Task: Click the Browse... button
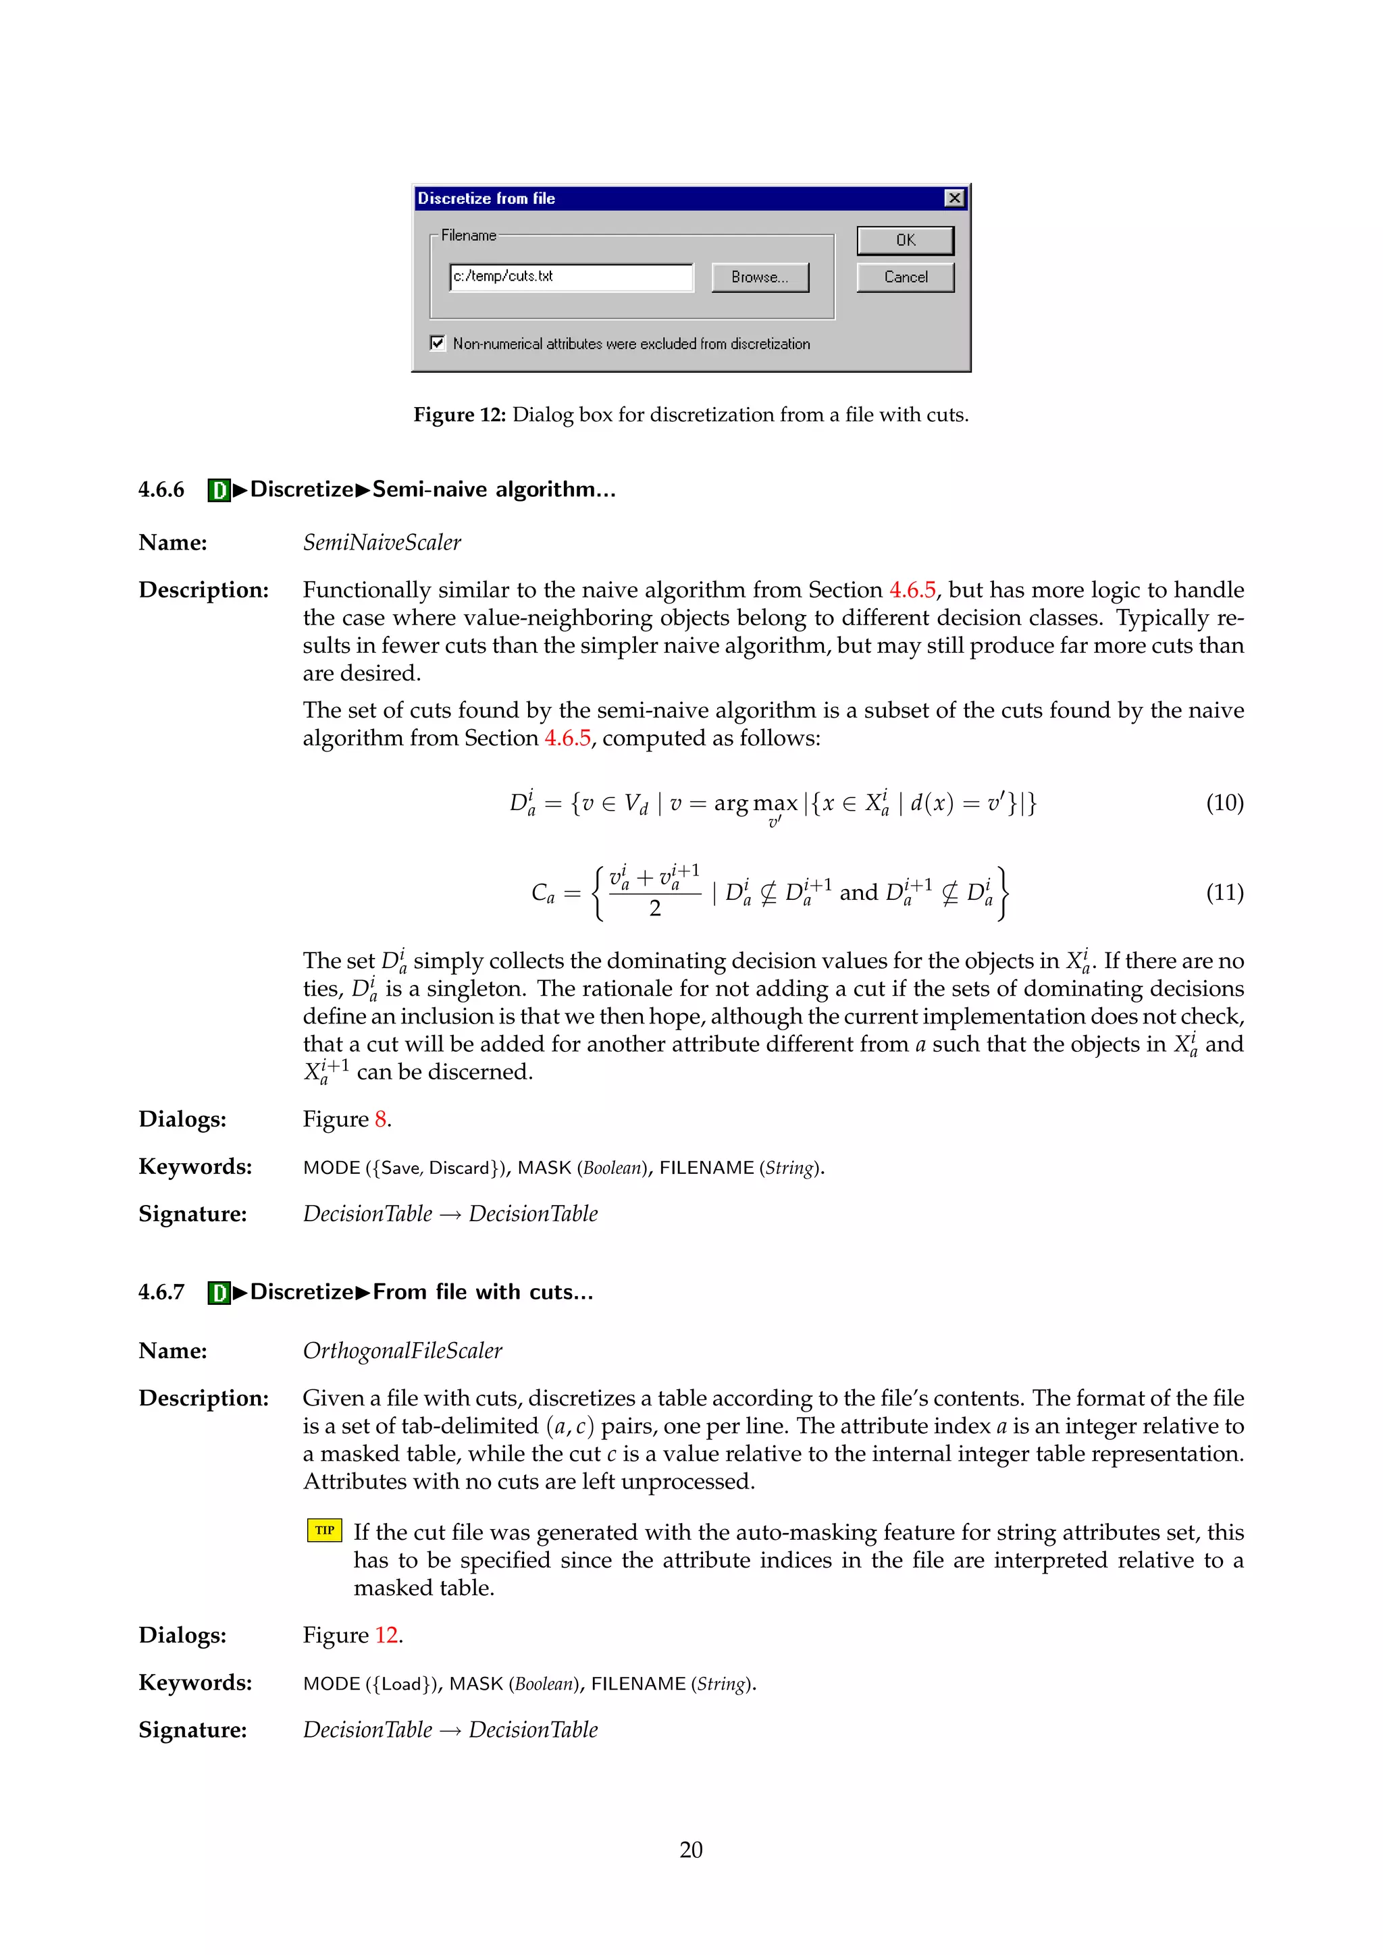(760, 277)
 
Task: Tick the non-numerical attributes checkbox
(438, 343)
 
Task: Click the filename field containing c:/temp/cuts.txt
(571, 277)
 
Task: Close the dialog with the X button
(955, 198)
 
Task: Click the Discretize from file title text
(486, 198)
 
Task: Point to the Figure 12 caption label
(459, 414)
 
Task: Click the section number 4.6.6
(161, 489)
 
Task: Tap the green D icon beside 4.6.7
(219, 1293)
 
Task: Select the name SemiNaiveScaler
(382, 542)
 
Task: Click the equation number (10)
(1224, 803)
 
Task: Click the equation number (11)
(1224, 892)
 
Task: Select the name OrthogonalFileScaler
(402, 1350)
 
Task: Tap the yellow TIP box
(324, 1530)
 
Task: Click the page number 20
(691, 1850)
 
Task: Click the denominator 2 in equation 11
(655, 909)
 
